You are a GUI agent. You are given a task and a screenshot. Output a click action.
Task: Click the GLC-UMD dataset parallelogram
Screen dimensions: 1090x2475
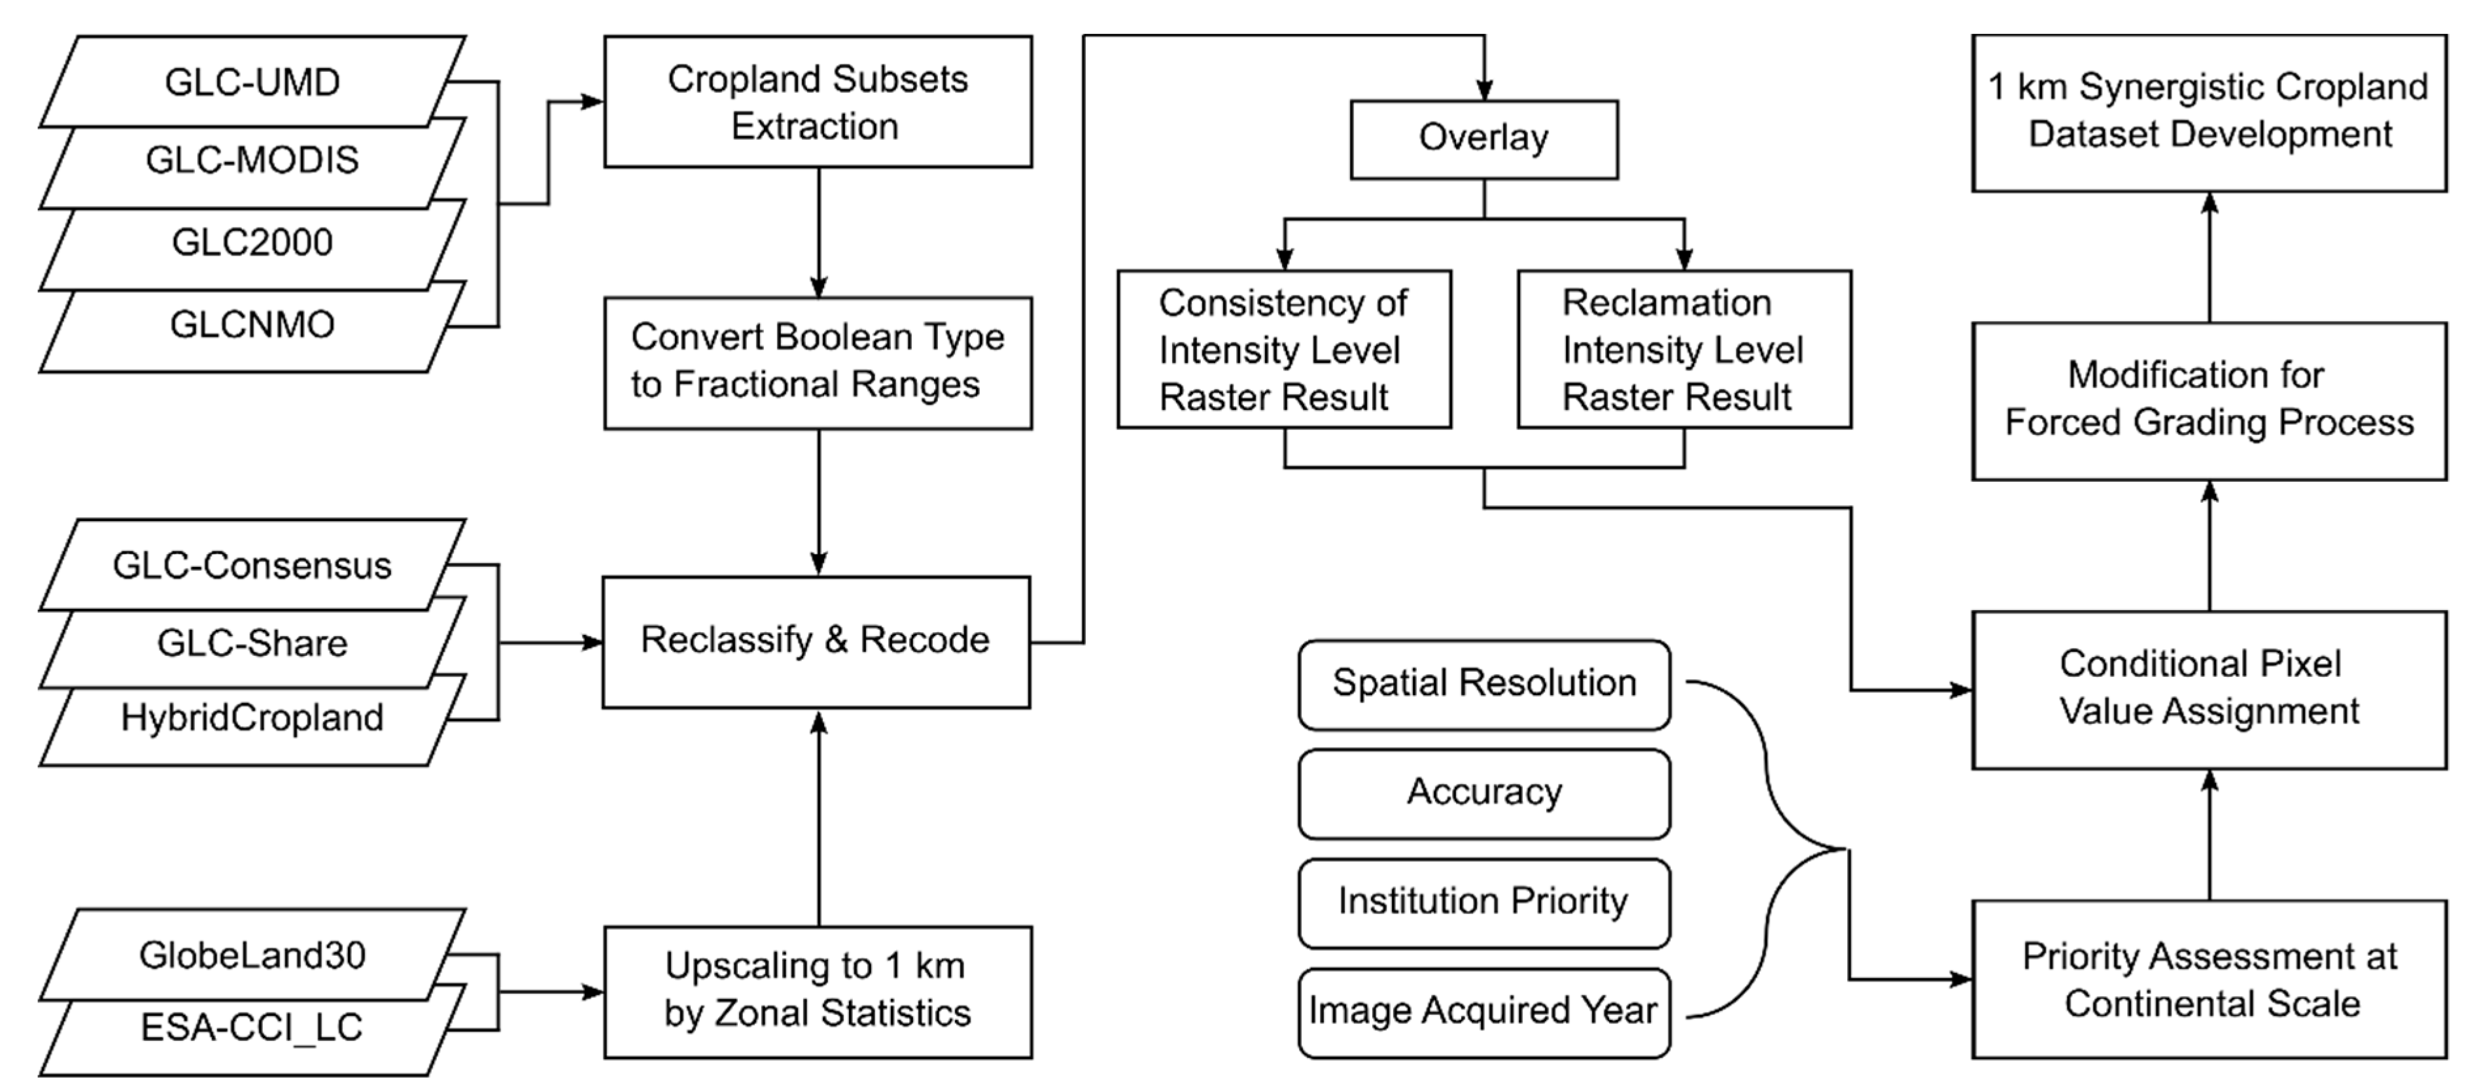[x=252, y=82]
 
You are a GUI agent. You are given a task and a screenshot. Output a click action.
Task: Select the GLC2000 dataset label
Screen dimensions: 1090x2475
[x=252, y=242]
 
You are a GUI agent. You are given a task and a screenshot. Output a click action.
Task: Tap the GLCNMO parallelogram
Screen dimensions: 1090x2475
[x=252, y=324]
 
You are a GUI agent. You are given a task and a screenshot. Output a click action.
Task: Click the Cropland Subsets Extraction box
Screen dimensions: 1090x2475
[x=818, y=102]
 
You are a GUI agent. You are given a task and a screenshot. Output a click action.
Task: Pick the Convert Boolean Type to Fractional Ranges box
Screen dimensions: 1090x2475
[x=818, y=361]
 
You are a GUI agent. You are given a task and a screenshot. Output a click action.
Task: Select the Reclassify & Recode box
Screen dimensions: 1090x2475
[x=816, y=641]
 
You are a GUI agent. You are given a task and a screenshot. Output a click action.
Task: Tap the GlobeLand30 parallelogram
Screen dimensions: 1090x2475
[x=252, y=955]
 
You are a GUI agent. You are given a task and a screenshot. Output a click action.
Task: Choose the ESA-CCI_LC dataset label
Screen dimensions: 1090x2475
[x=252, y=1029]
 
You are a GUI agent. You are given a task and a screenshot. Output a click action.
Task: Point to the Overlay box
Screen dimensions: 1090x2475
[x=1483, y=138]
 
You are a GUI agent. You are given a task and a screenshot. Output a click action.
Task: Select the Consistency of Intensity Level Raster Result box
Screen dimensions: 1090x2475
[x=1284, y=350]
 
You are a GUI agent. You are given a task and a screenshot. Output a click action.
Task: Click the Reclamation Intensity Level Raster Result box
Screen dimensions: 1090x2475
[x=1684, y=350]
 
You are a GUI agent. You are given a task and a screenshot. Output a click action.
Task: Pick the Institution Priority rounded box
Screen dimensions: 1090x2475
[x=1483, y=902]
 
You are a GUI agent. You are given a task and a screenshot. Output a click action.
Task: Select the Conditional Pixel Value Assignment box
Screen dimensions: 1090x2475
[x=2208, y=689]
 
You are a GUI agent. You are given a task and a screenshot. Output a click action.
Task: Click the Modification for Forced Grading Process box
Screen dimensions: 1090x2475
[x=2208, y=400]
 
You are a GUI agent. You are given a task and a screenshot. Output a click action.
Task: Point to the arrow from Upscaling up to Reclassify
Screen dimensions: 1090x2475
[x=819, y=816]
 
